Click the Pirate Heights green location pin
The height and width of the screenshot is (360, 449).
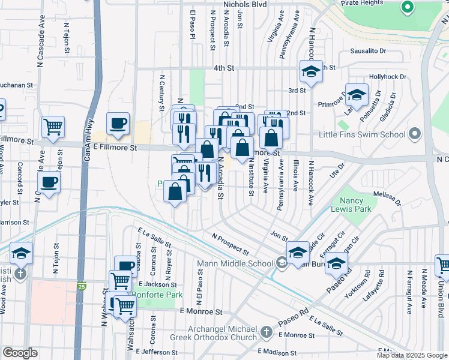pos(408,8)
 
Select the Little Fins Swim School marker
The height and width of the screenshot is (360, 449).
pos(414,134)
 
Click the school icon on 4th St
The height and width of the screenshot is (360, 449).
pos(311,71)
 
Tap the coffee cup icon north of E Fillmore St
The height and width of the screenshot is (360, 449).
pos(118,123)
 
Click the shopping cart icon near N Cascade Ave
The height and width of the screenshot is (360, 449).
pos(53,127)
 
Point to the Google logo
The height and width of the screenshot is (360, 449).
pos(20,353)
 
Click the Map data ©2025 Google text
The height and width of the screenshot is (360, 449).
pos(412,355)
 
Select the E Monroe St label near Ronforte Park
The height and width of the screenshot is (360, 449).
pos(201,312)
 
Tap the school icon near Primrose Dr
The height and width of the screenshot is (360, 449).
pos(357,95)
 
